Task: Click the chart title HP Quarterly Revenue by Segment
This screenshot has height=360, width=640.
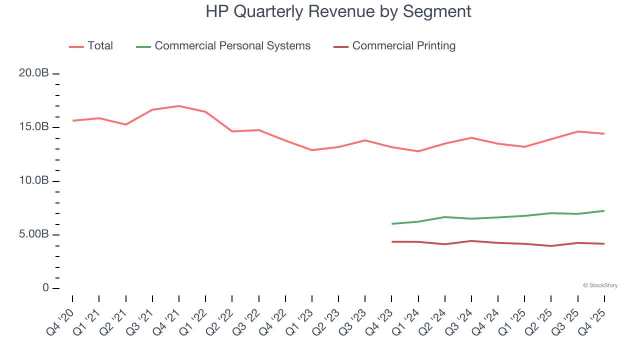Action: point(338,11)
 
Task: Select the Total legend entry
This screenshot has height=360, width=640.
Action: point(100,46)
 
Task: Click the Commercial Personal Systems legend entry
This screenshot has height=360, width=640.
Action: point(232,46)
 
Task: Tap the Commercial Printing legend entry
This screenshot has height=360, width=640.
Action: point(403,46)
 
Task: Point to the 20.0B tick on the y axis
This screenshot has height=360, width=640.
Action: point(33,73)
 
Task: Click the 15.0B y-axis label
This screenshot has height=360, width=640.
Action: point(33,127)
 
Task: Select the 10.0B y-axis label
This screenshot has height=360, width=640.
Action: point(33,180)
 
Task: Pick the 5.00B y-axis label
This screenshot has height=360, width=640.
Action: point(33,234)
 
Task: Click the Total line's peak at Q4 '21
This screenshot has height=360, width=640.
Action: point(179,106)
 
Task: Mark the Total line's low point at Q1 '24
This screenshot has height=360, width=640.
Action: point(418,151)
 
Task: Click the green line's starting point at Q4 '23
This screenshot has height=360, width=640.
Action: point(392,223)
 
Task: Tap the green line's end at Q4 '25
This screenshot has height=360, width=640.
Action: point(604,210)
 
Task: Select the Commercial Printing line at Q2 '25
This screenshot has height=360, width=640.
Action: point(551,245)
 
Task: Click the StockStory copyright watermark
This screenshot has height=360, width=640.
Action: point(600,285)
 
